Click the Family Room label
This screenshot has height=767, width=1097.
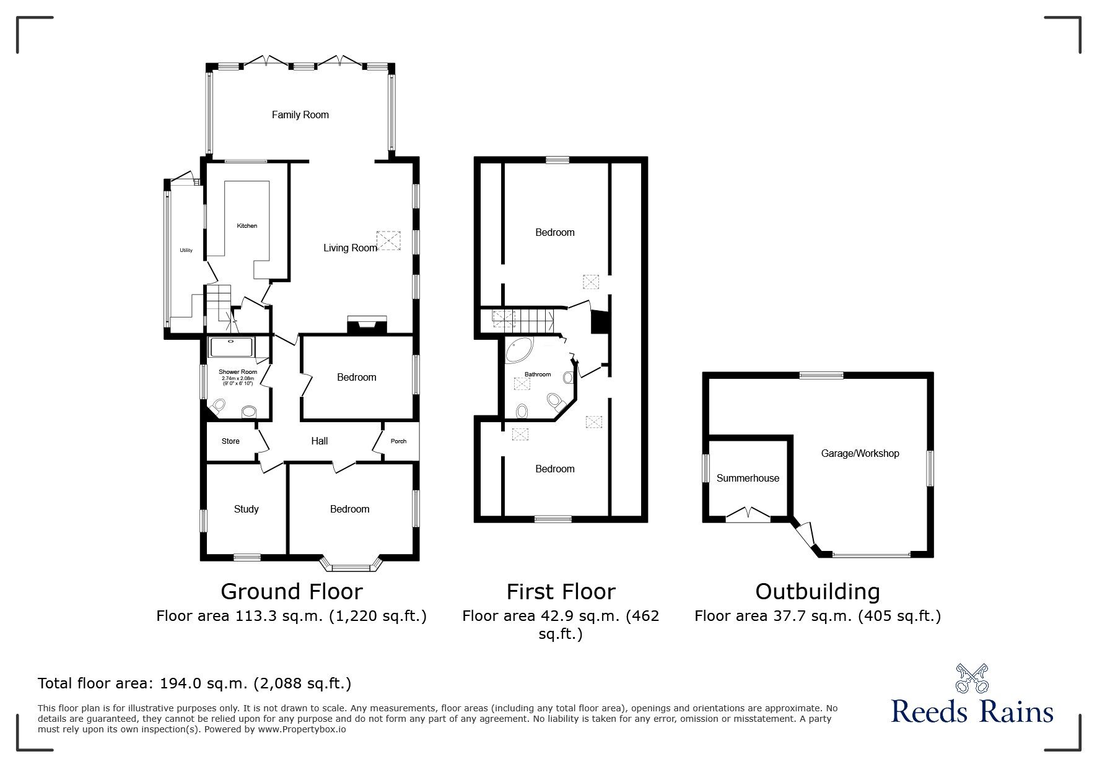[x=300, y=115]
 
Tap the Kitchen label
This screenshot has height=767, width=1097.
[x=247, y=226]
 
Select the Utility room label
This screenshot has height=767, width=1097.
[x=186, y=251]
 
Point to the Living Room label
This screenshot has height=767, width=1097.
[x=350, y=248]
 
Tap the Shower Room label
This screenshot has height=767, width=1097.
[x=238, y=372]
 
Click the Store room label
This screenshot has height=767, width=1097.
[x=230, y=441]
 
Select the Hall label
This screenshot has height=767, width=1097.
[x=320, y=441]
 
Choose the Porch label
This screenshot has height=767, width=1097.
[x=398, y=441]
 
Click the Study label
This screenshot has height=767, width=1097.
[x=246, y=509]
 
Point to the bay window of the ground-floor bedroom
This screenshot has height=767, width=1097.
[x=351, y=565]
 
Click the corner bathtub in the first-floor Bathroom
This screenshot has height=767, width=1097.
[x=520, y=351]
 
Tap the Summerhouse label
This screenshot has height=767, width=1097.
[x=748, y=478]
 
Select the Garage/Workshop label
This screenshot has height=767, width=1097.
[x=860, y=453]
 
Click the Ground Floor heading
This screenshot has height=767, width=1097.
[x=291, y=592]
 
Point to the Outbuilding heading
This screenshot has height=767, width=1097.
[x=818, y=592]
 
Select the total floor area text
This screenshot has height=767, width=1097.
[x=194, y=683]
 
